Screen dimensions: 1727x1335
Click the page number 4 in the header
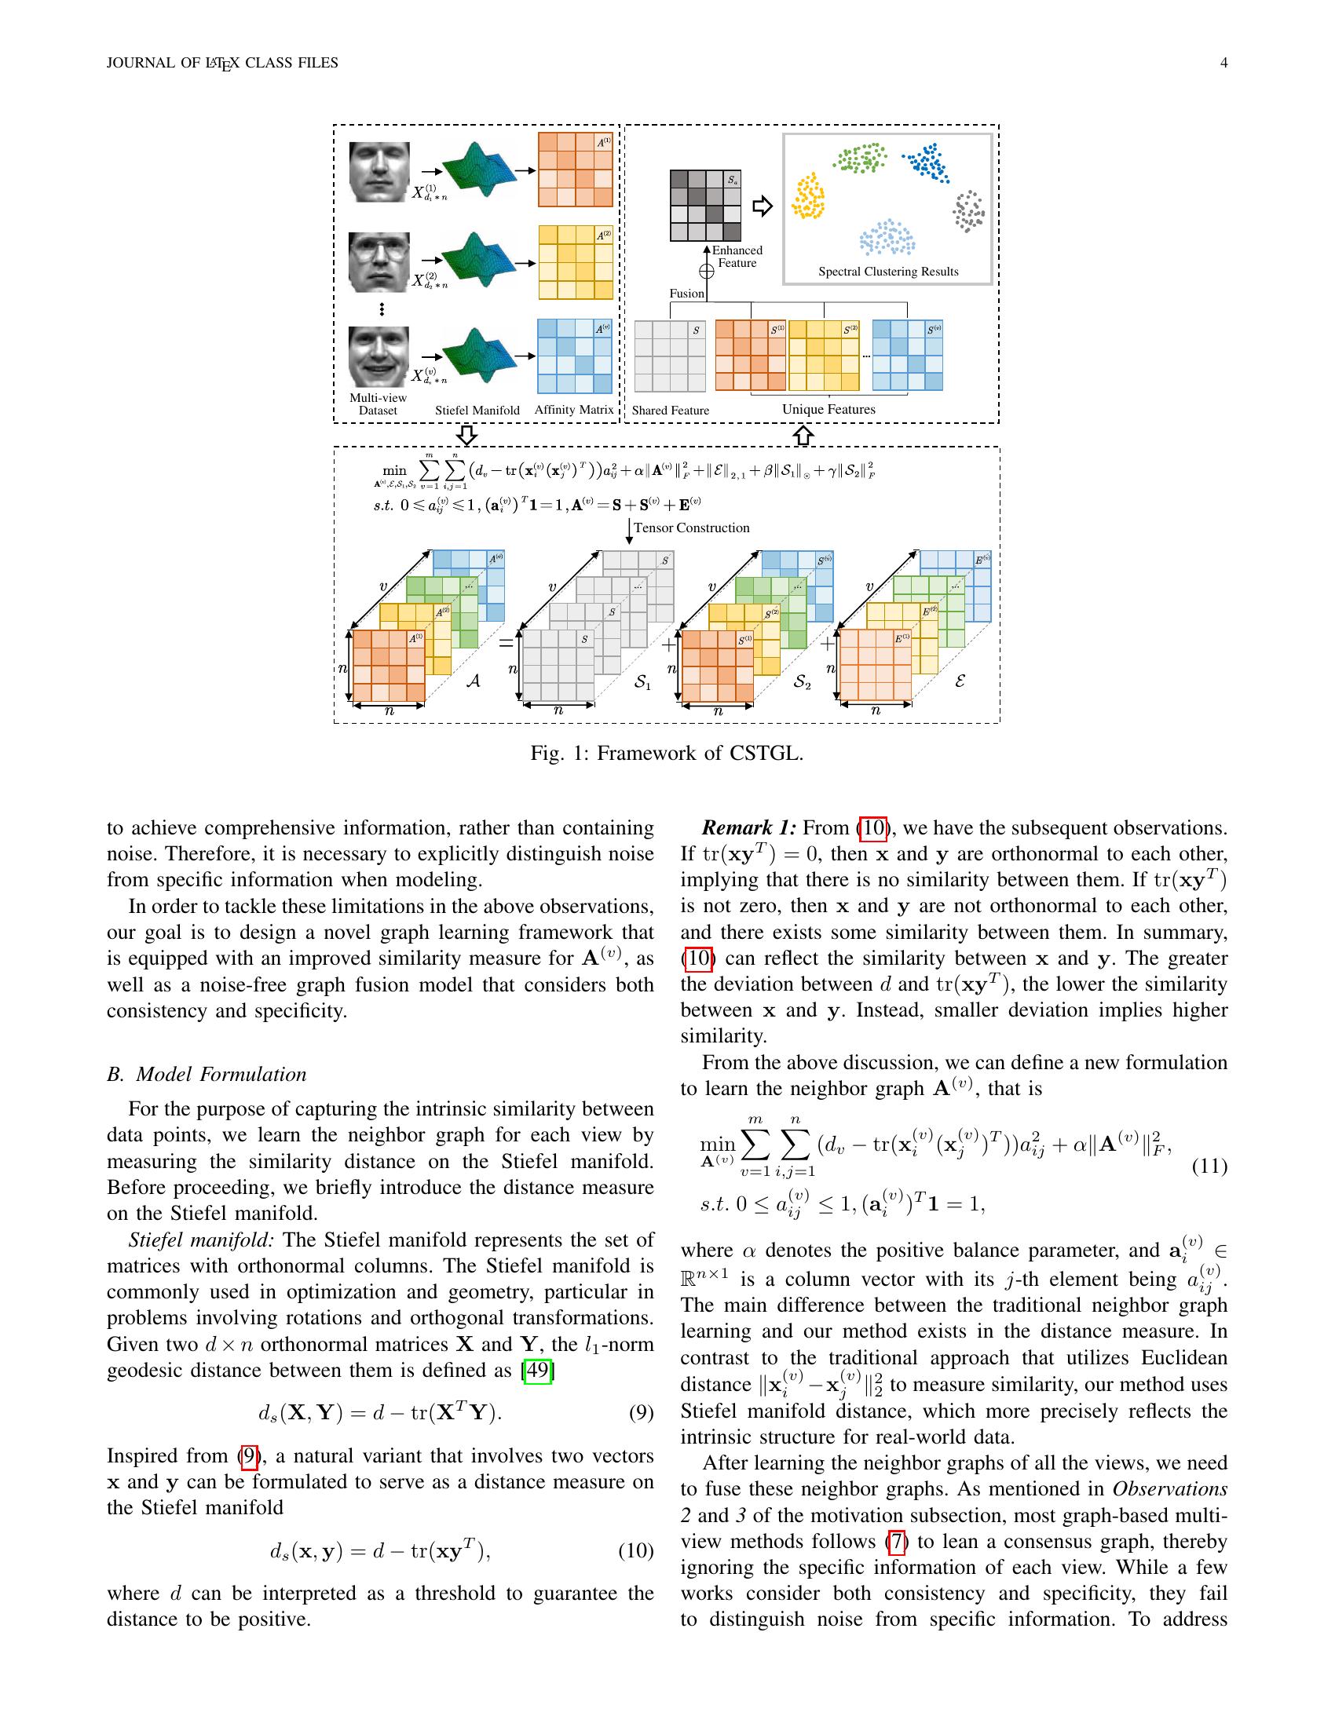1223,64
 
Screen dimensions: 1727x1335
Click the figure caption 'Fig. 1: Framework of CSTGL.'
667,753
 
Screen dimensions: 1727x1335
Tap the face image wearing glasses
379,261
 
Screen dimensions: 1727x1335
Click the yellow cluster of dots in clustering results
808,197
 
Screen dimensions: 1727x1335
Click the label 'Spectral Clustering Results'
887,272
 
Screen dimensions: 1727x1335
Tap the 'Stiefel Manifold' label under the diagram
477,411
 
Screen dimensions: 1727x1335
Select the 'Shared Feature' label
670,411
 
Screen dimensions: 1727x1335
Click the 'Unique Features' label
828,410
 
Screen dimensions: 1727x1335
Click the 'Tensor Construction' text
691,528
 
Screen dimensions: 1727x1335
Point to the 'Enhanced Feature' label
737,257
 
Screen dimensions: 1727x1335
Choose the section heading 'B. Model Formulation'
207,1075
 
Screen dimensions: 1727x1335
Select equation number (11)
1209,1167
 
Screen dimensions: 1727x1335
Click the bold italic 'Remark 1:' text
748,828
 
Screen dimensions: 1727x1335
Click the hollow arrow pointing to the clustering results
762,207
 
